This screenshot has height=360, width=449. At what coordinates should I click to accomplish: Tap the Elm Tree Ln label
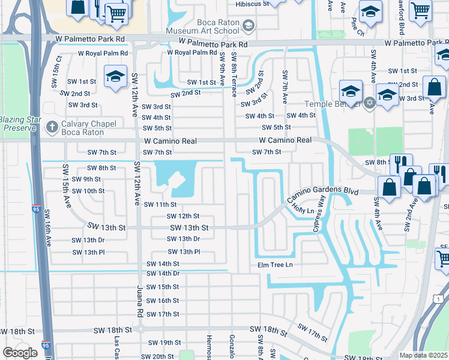click(275, 265)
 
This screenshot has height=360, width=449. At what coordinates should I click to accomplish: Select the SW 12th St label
click(183, 216)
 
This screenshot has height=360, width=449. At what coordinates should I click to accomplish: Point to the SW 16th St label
click(163, 301)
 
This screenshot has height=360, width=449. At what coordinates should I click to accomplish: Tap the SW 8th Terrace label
click(234, 74)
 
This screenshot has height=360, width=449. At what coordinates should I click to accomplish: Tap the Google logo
click(20, 353)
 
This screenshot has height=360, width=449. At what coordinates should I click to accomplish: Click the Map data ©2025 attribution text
click(423, 355)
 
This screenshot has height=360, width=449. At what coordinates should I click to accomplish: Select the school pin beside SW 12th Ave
click(115, 77)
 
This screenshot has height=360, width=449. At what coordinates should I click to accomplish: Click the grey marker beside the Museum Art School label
click(249, 25)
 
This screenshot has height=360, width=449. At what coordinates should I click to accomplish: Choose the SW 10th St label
click(88, 191)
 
